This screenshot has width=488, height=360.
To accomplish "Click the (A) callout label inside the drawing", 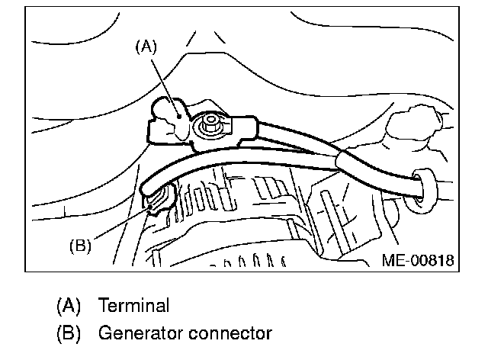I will click(x=146, y=47).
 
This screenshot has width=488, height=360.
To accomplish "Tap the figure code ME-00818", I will click(x=417, y=261).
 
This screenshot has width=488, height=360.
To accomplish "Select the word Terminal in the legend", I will click(x=133, y=306).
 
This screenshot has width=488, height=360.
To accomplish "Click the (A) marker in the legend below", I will click(x=69, y=306).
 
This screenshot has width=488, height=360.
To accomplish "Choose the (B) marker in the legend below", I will click(x=69, y=333).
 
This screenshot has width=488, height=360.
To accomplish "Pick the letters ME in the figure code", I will click(x=391, y=261).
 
